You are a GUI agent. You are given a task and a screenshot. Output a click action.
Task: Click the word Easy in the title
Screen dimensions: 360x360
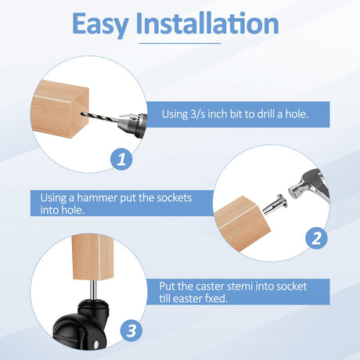(100, 24)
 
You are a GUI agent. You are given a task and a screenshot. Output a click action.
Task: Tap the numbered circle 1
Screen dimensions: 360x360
(121, 159)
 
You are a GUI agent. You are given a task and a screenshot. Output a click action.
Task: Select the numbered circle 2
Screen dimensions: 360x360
(316, 238)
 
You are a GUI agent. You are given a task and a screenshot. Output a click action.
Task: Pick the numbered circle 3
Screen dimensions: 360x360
(131, 330)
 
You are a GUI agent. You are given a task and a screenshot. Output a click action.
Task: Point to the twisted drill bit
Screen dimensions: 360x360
(99, 117)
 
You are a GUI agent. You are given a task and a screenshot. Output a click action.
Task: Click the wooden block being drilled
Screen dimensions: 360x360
(59, 109)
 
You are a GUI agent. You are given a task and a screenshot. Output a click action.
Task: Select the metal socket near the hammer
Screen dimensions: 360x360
(275, 204)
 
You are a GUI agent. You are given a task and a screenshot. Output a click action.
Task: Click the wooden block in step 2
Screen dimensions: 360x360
(242, 224)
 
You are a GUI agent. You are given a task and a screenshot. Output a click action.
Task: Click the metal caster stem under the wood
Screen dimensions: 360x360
(93, 290)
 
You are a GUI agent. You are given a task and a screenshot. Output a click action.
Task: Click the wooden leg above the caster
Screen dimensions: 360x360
(92, 257)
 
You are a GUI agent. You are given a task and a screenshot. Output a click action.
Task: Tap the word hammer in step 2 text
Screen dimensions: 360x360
(97, 198)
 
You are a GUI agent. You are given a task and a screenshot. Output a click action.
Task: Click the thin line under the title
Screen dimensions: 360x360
(180, 43)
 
